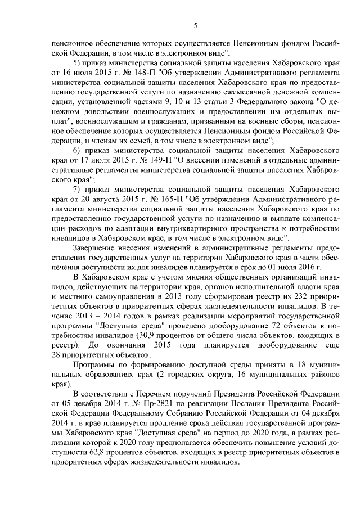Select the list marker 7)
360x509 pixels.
pyautogui.click(x=79, y=191)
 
